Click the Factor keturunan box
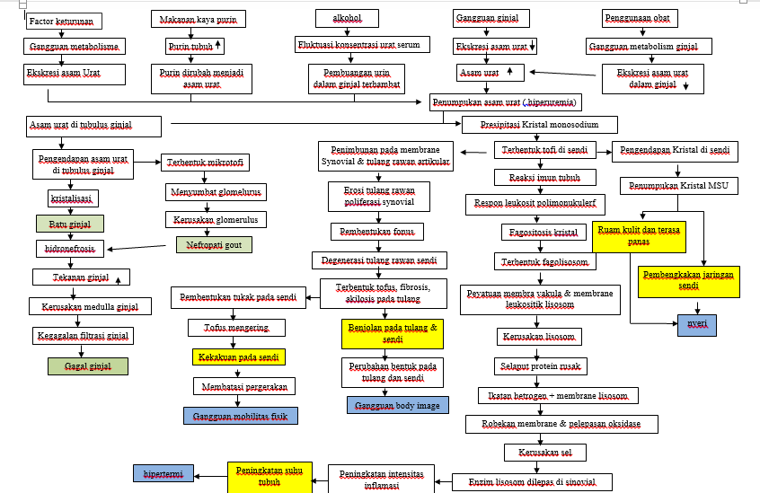[64, 21]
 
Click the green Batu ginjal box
[70, 223]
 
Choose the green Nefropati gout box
[213, 244]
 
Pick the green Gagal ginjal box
[88, 366]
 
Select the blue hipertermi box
[163, 473]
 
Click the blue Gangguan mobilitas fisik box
[240, 415]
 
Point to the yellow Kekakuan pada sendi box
[238, 357]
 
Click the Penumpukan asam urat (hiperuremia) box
[505, 101]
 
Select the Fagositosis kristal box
[539, 233]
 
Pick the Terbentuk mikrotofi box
[206, 163]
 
